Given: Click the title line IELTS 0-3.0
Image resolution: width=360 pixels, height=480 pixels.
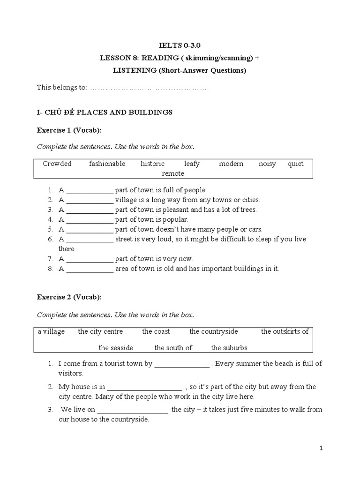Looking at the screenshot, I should tap(180, 47).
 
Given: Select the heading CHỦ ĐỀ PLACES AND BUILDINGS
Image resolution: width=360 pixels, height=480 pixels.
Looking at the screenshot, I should tap(105, 112).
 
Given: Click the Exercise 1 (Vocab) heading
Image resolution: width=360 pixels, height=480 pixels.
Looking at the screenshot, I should tap(69, 130).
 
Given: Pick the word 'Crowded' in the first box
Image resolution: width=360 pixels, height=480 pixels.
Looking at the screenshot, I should tap(57, 164).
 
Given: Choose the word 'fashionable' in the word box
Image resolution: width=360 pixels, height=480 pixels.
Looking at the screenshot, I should tap(107, 164).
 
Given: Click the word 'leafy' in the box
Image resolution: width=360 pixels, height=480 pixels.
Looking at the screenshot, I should tap(192, 164).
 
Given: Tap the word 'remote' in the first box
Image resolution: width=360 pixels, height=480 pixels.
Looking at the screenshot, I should tap(173, 173).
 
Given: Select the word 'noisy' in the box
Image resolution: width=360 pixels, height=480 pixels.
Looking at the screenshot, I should tap(267, 164).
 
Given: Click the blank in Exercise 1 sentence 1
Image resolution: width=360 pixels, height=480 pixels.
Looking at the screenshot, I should tap(90, 191).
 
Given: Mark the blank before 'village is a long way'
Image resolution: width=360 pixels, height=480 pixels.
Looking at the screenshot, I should tap(90, 200).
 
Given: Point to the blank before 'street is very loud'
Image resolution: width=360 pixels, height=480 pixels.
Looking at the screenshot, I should tap(90, 240).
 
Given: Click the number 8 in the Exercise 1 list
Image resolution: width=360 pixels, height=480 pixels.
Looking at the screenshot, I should tap(49, 269).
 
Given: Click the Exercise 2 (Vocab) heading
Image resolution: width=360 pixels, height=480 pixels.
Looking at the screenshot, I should tap(69, 297).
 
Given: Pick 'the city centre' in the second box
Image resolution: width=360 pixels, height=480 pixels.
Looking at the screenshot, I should tap(100, 331).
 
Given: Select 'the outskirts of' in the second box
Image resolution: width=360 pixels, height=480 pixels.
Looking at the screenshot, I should tap(285, 331).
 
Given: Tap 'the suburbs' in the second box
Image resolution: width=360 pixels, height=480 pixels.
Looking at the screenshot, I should tap(229, 348).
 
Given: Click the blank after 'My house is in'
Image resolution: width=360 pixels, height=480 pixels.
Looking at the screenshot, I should tap(144, 387).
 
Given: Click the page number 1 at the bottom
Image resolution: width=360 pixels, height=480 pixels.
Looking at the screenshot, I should tap(321, 448).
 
